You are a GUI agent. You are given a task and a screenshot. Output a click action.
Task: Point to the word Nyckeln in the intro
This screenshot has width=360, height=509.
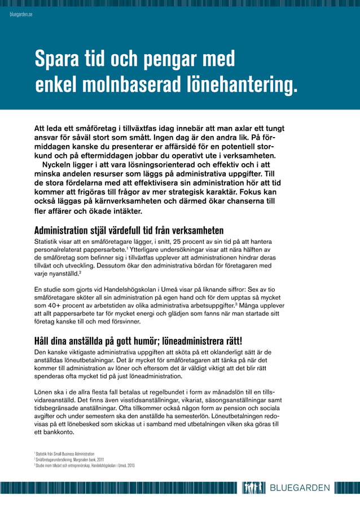60,165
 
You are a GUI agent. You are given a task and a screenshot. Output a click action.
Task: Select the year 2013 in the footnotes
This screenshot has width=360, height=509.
130,466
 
